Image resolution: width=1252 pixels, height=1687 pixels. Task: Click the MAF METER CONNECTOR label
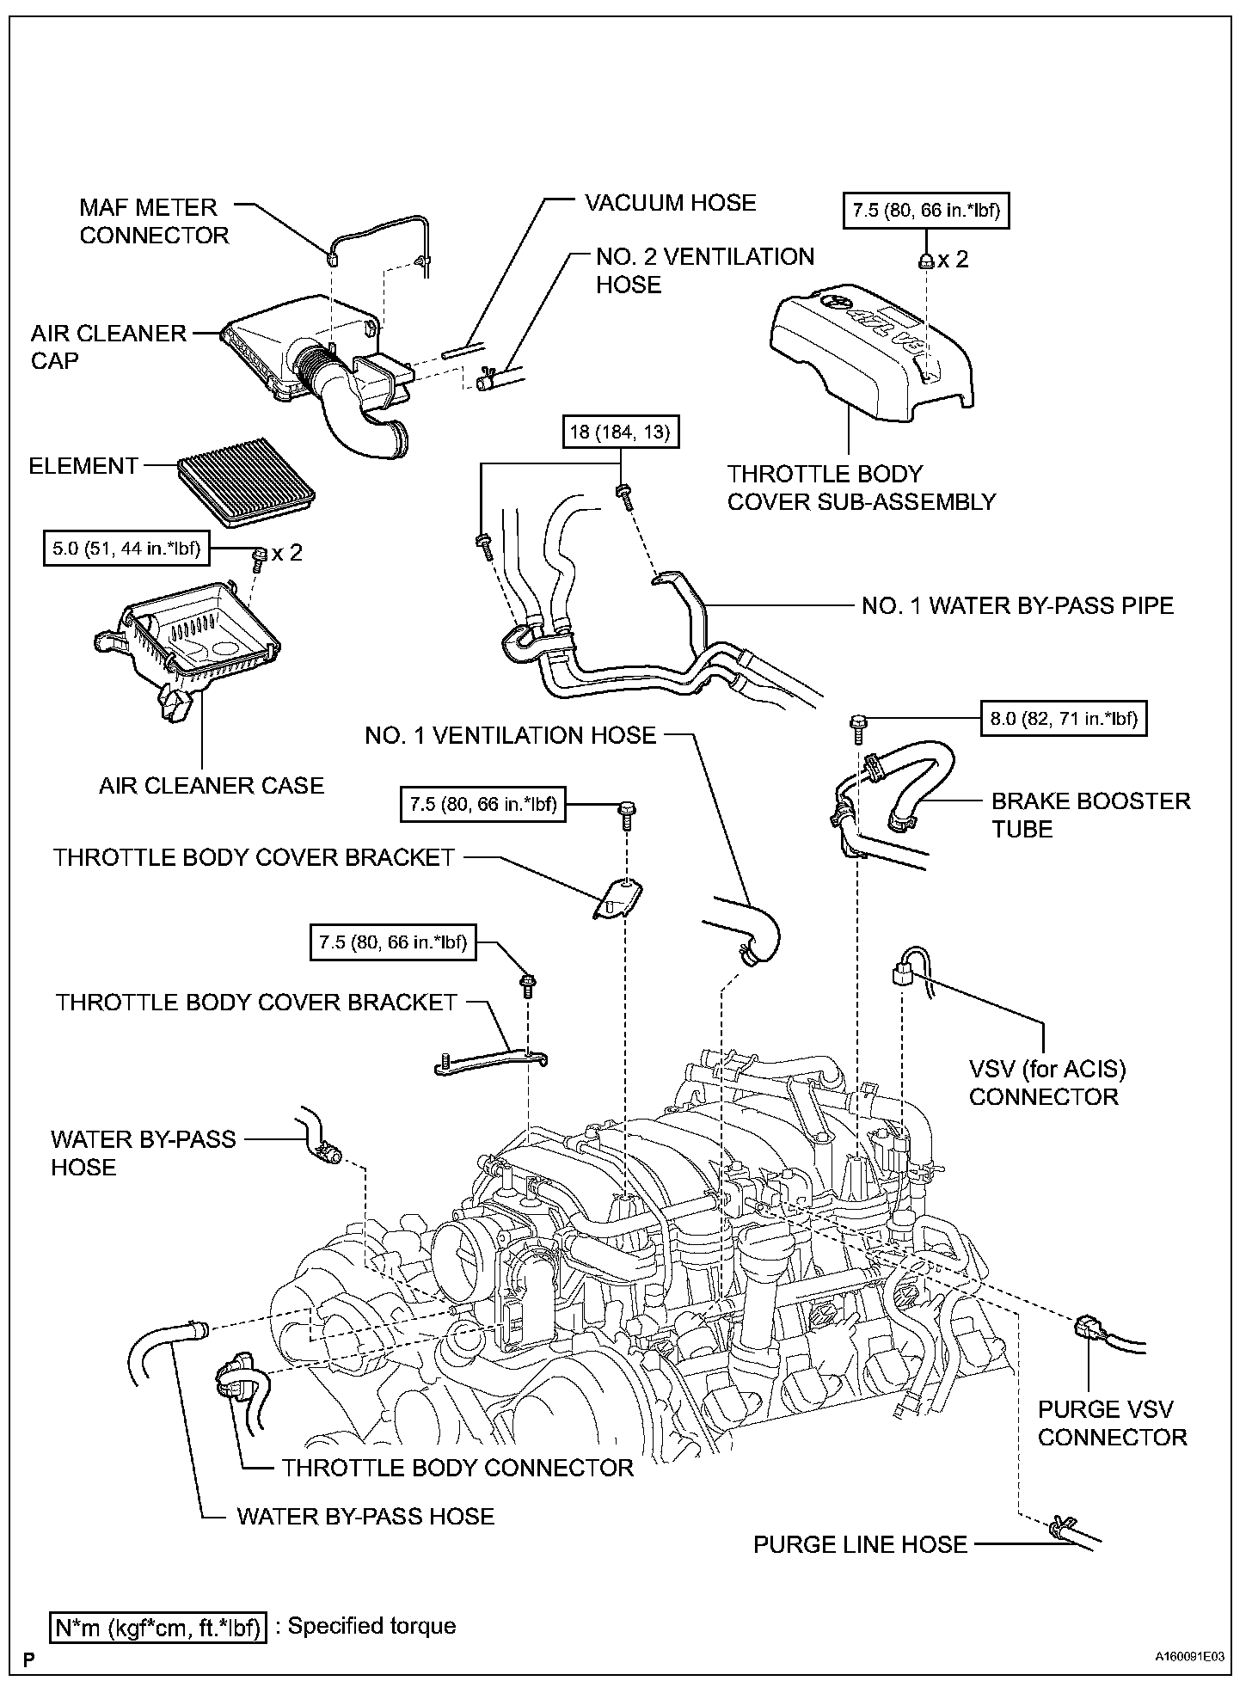click(x=154, y=221)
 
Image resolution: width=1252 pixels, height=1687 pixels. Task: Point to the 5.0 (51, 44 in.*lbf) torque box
click(x=126, y=549)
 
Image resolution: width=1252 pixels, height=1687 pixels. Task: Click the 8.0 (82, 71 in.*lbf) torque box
click(x=1064, y=719)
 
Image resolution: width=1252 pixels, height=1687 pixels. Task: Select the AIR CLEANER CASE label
click(x=212, y=785)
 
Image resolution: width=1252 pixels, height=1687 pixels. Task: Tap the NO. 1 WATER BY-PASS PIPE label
click(x=1017, y=605)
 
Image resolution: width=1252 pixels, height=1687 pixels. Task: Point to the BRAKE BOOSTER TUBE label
click(x=1090, y=815)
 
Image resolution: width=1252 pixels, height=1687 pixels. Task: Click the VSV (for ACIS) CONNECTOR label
click(x=1046, y=1083)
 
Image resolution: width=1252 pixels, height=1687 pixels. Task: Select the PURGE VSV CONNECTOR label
click(x=1112, y=1423)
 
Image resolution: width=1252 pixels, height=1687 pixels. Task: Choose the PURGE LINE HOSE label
click(x=860, y=1544)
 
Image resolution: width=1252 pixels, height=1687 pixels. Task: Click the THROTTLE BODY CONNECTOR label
click(x=457, y=1468)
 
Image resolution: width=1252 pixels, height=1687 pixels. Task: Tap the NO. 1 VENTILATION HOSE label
click(x=510, y=735)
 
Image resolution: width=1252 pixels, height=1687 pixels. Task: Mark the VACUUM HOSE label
click(x=670, y=203)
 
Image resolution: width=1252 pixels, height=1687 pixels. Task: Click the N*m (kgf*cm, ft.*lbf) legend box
click(x=158, y=1627)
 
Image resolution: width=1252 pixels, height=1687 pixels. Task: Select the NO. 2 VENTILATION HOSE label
click(x=704, y=270)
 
